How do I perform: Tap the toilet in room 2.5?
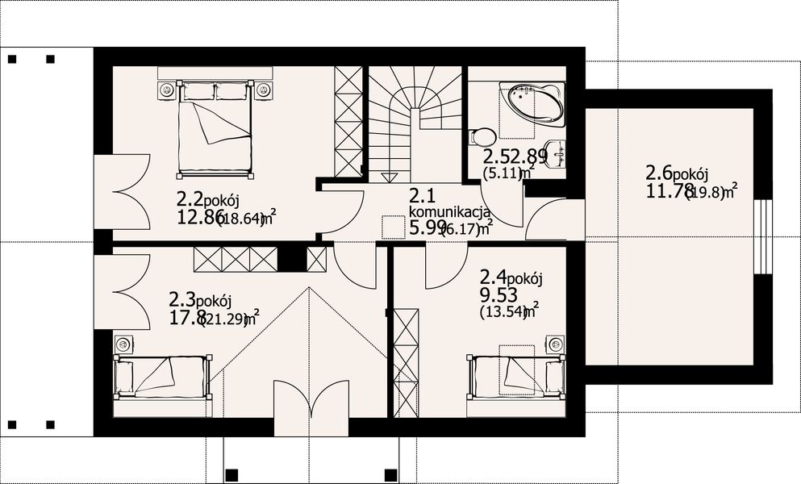[480, 138]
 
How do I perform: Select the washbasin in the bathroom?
[555, 154]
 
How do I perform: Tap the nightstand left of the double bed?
[167, 89]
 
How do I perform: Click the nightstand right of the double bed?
[263, 89]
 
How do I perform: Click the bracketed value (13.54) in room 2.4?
[502, 312]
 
